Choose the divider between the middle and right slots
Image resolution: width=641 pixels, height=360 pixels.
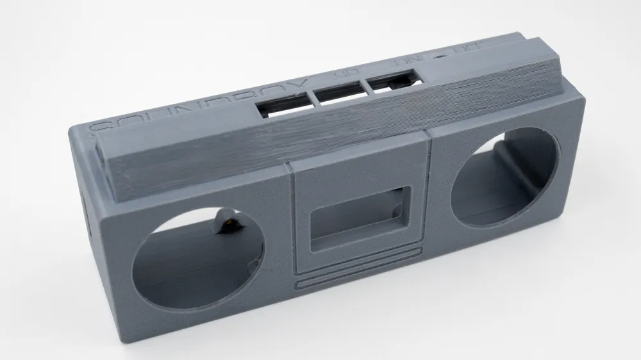363,89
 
